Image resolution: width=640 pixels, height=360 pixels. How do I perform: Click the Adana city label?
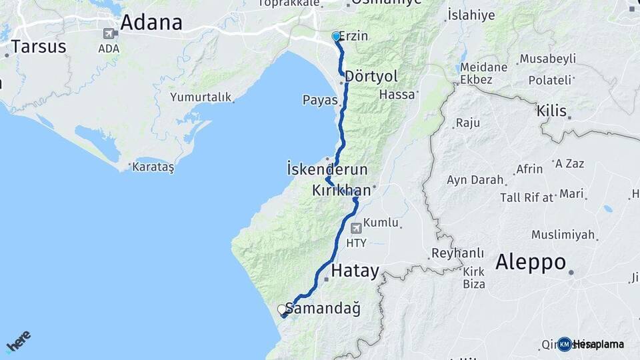click(151, 23)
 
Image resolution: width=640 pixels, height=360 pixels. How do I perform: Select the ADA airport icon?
click(109, 33)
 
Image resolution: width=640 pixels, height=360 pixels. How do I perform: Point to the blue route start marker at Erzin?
click(336, 37)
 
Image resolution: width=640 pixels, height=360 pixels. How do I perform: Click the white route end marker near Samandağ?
click(281, 309)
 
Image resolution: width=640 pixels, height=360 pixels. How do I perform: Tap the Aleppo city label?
click(531, 262)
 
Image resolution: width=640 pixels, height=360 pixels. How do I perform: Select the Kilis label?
click(551, 111)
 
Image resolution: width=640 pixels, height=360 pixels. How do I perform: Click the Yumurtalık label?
click(201, 97)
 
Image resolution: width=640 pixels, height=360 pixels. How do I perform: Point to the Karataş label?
click(153, 167)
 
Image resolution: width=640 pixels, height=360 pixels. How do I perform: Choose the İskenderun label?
click(327, 169)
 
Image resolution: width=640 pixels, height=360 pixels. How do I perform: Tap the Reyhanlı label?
click(457, 253)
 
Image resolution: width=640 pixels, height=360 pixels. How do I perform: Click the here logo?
click(18, 341)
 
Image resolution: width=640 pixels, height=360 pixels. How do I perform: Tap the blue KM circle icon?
click(565, 344)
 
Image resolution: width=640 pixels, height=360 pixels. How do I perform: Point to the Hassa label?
click(397, 95)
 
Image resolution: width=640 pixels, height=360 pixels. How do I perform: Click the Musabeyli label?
click(547, 59)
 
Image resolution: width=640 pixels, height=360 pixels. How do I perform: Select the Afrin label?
click(530, 169)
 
